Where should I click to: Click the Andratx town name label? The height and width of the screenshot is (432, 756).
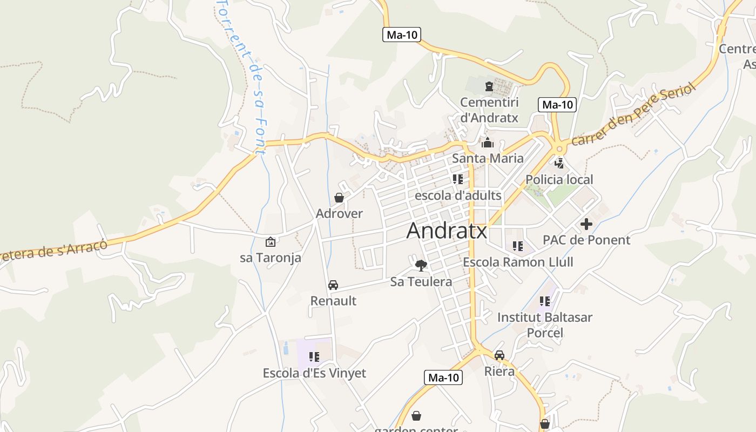pyautogui.click(x=447, y=231)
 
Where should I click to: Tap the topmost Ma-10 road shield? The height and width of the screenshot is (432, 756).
pyautogui.click(x=402, y=35)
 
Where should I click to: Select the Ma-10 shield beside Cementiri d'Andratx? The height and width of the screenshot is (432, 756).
pyautogui.click(x=557, y=105)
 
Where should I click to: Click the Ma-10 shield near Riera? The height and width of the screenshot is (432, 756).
pyautogui.click(x=443, y=377)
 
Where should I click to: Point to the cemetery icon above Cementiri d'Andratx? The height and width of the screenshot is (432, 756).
pyautogui.click(x=489, y=86)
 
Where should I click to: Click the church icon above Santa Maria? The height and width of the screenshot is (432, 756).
pyautogui.click(x=488, y=143)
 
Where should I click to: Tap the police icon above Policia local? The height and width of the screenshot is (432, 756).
pyautogui.click(x=559, y=163)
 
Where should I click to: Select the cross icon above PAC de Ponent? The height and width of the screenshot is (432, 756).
pyautogui.click(x=586, y=224)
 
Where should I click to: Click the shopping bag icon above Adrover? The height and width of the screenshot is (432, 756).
pyautogui.click(x=339, y=198)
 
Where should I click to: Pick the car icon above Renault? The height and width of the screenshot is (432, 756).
pyautogui.click(x=333, y=285)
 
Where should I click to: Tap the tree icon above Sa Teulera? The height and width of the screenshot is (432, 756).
pyautogui.click(x=421, y=265)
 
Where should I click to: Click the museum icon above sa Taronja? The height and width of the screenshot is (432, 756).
pyautogui.click(x=270, y=242)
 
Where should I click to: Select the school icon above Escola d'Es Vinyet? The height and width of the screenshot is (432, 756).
pyautogui.click(x=314, y=356)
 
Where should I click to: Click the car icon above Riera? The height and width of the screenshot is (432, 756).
pyautogui.click(x=500, y=355)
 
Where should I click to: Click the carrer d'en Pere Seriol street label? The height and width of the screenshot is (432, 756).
pyautogui.click(x=632, y=116)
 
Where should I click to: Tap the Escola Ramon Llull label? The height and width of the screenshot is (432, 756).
pyautogui.click(x=518, y=262)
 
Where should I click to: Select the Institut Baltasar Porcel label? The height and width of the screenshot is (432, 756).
pyautogui.click(x=544, y=325)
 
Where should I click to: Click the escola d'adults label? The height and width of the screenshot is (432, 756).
pyautogui.click(x=458, y=195)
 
